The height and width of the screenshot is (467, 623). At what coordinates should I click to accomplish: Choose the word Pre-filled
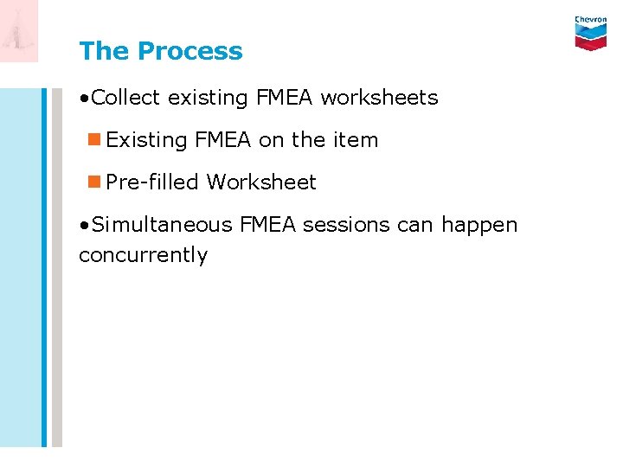click(152, 182)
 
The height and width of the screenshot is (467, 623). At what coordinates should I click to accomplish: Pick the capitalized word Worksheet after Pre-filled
click(261, 182)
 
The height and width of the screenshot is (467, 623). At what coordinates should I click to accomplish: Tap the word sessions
click(341, 225)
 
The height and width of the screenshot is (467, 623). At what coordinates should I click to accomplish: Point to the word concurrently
click(143, 256)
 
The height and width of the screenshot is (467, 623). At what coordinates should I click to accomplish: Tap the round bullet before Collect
click(83, 99)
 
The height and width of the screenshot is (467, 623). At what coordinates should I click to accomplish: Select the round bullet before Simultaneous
click(83, 226)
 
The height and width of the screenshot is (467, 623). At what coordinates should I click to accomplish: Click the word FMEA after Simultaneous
click(267, 225)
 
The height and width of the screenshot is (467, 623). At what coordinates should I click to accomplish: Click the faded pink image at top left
click(19, 31)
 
